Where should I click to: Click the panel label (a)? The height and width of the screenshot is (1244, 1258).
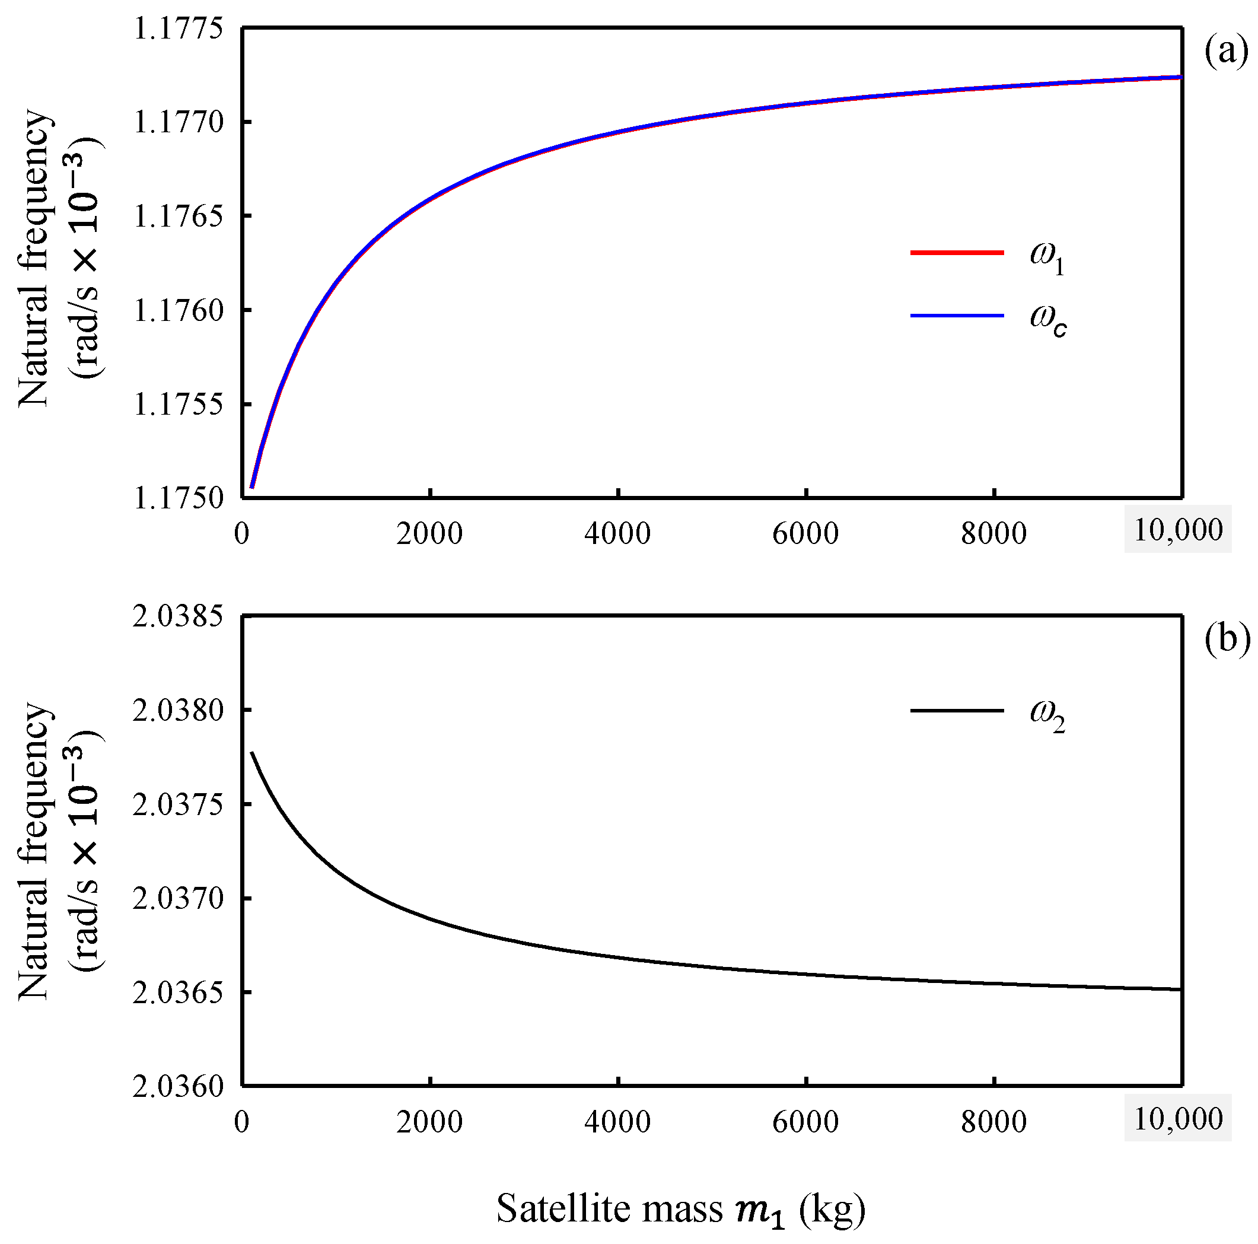[x=1226, y=52]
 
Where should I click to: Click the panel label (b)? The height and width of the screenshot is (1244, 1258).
[x=1226, y=639]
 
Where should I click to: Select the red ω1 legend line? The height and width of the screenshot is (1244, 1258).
[x=957, y=253]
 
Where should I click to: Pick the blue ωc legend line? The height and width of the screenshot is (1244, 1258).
[x=957, y=316]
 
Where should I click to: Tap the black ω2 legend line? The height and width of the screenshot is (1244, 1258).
[x=957, y=711]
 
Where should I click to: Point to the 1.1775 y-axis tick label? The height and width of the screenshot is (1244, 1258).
[x=178, y=28]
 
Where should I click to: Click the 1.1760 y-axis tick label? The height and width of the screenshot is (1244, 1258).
[x=178, y=311]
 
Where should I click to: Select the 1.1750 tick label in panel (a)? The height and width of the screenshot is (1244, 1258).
[x=178, y=498]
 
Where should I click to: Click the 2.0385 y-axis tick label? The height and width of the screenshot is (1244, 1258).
[x=178, y=616]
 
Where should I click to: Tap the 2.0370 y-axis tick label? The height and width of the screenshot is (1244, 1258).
[x=178, y=899]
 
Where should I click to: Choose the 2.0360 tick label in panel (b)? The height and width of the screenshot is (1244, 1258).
[x=178, y=1087]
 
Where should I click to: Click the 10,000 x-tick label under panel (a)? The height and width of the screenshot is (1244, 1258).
[x=1178, y=530]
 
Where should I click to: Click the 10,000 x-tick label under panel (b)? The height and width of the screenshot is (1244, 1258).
[x=1178, y=1119]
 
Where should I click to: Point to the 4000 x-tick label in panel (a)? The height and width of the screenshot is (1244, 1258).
[x=617, y=533]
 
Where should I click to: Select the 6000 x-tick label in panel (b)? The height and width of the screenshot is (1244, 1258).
[x=805, y=1122]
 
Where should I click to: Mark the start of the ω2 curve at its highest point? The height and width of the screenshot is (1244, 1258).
[x=252, y=752]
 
